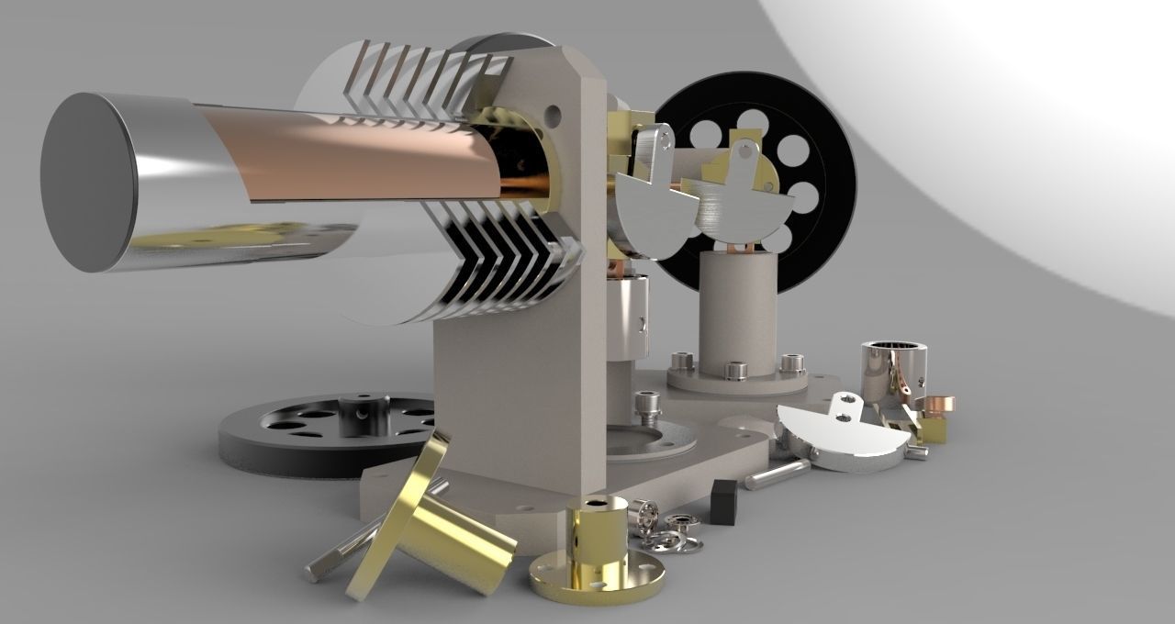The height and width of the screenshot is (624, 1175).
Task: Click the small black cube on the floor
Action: click(724, 501)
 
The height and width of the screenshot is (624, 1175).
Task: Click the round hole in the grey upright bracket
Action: click(552, 116)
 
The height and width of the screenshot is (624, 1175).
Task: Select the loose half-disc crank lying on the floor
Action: click(845, 440)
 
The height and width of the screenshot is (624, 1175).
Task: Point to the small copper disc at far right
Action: click(938, 404)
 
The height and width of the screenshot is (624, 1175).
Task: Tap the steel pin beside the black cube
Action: click(777, 474)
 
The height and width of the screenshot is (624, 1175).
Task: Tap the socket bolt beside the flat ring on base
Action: click(645, 407)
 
